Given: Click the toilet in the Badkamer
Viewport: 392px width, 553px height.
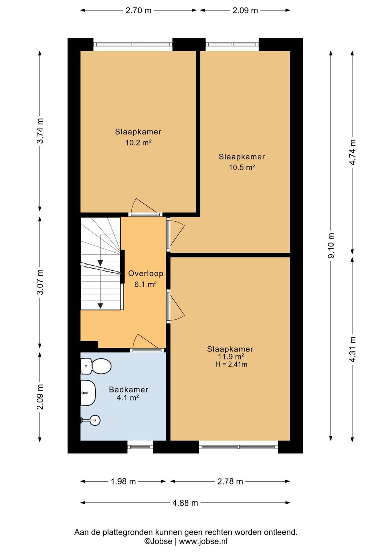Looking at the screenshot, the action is point(96,366).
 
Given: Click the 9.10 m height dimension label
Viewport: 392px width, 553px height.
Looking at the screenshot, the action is point(331,245).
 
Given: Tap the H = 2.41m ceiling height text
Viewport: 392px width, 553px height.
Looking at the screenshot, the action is point(231,364).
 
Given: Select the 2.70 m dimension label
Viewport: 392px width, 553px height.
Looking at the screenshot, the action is point(138,11).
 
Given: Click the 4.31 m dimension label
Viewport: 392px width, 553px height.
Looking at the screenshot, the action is point(352,349).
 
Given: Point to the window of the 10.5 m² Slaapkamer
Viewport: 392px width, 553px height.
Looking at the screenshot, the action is point(232,45).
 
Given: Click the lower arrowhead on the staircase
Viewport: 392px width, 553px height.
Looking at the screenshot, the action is point(100,306).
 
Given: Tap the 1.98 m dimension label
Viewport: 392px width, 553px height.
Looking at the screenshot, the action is point(123,481).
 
